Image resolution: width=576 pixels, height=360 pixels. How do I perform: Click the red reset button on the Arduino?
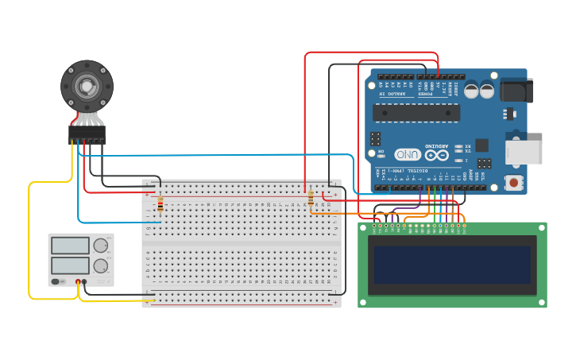pos(515,184)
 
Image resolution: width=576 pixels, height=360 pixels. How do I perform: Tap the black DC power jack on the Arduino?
pos(516,90)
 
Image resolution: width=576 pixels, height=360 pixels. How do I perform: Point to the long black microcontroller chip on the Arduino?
pos(416,113)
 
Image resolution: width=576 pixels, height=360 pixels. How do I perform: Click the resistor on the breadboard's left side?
pos(160,205)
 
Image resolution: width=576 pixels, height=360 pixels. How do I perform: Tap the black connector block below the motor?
pos(87,134)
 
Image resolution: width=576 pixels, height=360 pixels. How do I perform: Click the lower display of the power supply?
pos(70,265)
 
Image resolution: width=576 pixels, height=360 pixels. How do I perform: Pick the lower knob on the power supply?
pos(101,265)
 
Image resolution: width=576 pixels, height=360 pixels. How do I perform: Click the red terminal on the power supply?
pos(79,281)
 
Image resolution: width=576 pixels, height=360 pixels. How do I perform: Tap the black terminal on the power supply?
pos(85,281)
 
